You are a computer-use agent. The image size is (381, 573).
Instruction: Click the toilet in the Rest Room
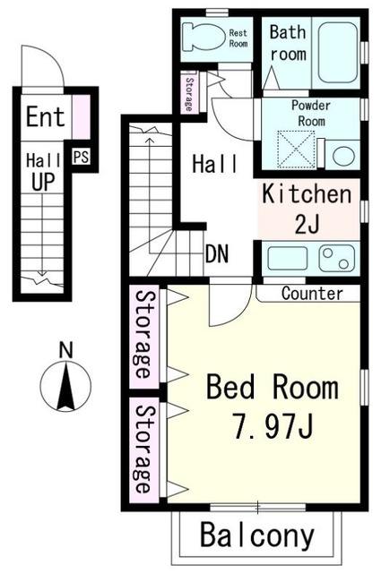(203, 37)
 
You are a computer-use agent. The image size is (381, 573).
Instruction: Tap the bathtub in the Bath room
(337, 52)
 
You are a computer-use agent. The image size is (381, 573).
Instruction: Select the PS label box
(81, 158)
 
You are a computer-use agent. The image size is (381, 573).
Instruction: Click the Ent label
(46, 116)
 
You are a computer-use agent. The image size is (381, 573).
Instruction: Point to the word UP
(43, 181)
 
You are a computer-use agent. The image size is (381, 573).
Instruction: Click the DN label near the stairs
(217, 253)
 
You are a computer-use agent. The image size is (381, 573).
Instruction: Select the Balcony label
(257, 535)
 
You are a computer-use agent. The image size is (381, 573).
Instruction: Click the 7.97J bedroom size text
(273, 427)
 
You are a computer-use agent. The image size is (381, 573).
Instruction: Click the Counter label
(312, 294)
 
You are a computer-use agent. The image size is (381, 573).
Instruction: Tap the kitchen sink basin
(287, 258)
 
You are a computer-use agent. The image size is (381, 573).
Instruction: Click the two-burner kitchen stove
(337, 258)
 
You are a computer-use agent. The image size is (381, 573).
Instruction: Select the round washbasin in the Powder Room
(343, 156)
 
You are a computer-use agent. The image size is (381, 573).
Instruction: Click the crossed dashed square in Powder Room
(295, 150)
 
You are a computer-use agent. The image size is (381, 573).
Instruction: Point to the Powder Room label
(311, 113)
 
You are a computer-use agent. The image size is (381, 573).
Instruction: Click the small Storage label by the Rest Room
(189, 94)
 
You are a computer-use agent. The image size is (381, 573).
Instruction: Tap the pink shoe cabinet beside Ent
(81, 116)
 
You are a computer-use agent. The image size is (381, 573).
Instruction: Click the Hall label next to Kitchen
(215, 164)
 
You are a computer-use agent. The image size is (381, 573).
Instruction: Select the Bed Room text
(273, 387)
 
